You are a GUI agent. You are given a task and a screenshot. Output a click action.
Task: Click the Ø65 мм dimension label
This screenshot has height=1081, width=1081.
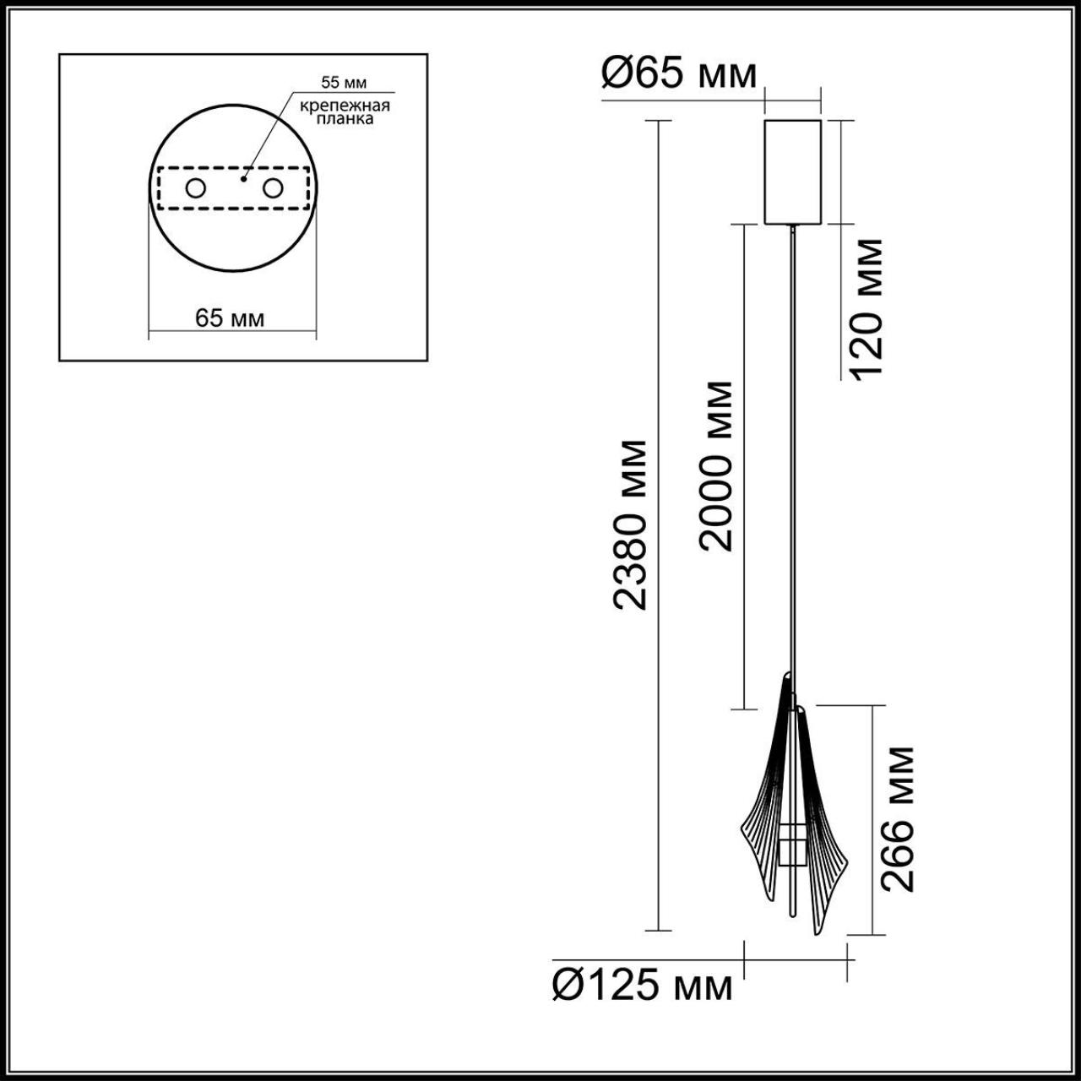(x=679, y=74)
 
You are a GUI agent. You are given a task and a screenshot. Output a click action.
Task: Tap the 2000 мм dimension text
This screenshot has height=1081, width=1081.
(x=716, y=466)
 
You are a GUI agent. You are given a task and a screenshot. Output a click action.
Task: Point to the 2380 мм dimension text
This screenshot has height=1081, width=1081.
(x=631, y=524)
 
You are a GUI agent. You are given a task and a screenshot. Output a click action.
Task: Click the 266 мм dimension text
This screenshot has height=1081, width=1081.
(x=898, y=818)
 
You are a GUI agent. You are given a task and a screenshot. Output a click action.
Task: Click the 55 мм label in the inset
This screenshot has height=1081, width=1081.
(x=344, y=83)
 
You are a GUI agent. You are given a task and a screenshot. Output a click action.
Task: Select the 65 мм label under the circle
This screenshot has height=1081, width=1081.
(x=230, y=318)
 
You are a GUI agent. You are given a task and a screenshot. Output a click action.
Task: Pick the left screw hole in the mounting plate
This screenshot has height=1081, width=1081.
(x=195, y=188)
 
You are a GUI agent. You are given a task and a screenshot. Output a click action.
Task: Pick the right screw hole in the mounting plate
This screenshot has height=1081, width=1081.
(x=272, y=188)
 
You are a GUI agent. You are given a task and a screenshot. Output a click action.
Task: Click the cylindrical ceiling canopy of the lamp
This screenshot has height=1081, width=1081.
(x=792, y=172)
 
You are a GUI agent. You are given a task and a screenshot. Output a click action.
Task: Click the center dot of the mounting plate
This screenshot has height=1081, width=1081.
(x=243, y=178)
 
